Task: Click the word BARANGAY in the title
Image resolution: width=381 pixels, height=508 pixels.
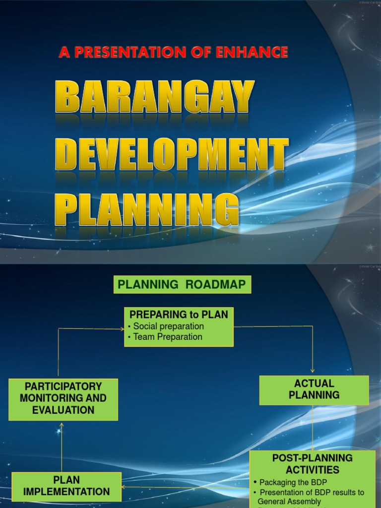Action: (x=155, y=98)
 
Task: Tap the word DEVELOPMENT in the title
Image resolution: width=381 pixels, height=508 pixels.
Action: (x=171, y=155)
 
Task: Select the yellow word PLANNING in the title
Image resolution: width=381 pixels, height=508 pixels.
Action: (x=147, y=210)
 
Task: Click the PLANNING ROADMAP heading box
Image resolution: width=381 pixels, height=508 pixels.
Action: (x=182, y=285)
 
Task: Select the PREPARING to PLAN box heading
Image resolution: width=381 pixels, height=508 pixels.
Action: (x=179, y=315)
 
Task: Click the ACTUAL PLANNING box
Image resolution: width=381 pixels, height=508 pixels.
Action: (x=314, y=389)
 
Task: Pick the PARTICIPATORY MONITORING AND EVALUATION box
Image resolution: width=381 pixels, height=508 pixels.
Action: (x=63, y=398)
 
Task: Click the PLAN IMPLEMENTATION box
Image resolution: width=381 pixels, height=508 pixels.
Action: (x=66, y=486)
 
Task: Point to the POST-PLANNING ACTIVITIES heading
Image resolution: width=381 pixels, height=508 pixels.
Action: (x=313, y=463)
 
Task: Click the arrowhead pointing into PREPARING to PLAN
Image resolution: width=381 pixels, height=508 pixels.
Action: (x=122, y=328)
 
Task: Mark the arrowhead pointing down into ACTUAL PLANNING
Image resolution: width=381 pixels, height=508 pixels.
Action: (x=313, y=371)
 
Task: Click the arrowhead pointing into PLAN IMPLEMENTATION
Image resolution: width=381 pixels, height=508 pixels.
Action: (x=124, y=487)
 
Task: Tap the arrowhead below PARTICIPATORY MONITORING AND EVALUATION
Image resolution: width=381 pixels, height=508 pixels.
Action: (x=62, y=425)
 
